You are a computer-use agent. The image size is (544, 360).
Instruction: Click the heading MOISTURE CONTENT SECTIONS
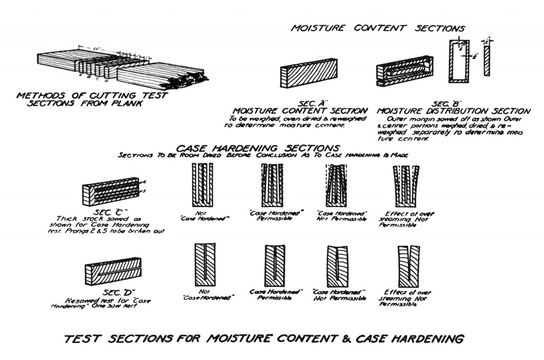coord(378,28)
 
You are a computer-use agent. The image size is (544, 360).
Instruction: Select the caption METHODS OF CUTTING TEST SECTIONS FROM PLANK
coord(92,100)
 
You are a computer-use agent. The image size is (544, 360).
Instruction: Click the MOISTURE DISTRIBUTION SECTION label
coord(453,111)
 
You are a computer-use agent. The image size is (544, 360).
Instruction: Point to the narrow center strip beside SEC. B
coord(487,61)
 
